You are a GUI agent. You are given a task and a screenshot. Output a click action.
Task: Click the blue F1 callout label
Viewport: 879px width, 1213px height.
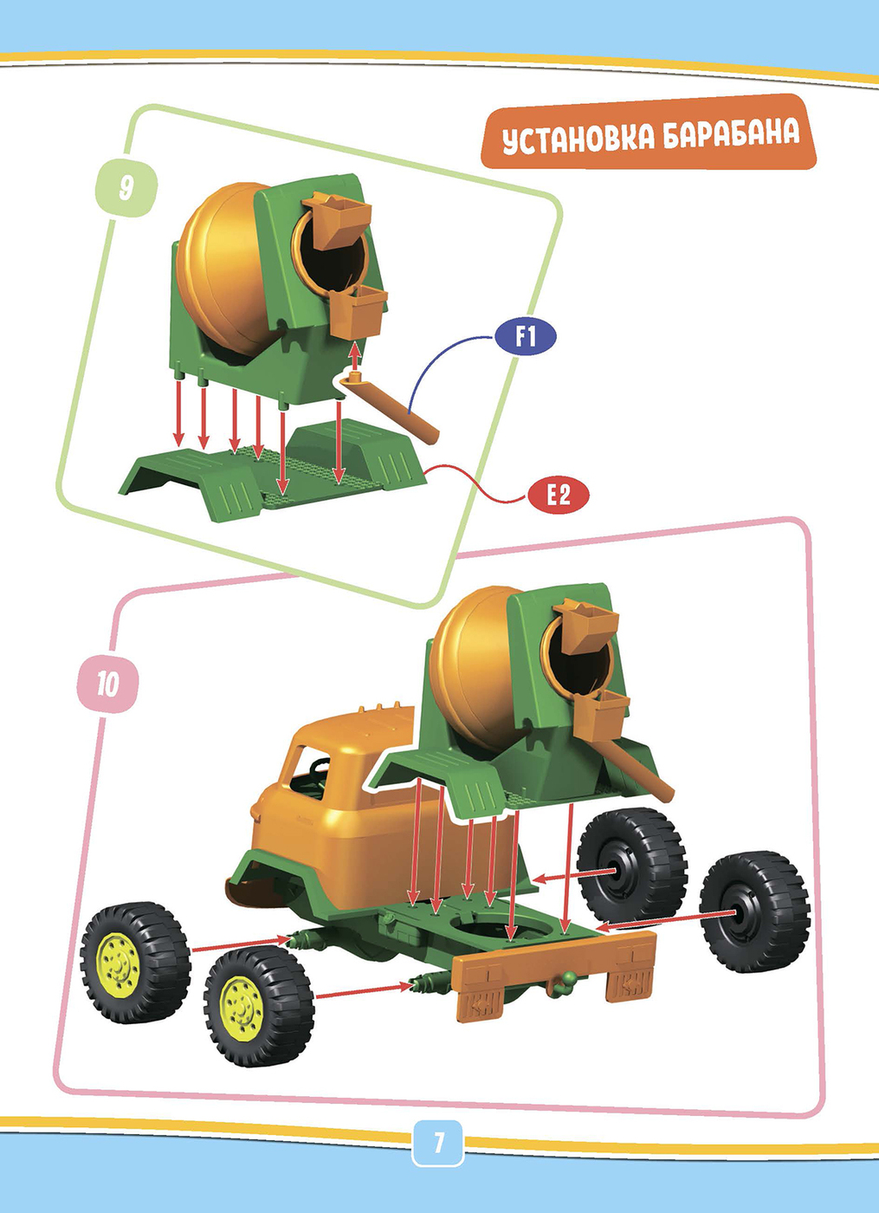click(525, 336)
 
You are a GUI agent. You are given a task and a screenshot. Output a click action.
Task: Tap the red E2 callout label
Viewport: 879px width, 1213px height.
click(558, 495)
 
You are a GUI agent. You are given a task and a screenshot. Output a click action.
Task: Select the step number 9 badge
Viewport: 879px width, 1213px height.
click(126, 187)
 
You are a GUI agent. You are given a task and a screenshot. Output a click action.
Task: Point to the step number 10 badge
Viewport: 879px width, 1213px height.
click(107, 684)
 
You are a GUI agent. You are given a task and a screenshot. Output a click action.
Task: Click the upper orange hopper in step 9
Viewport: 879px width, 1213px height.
click(337, 217)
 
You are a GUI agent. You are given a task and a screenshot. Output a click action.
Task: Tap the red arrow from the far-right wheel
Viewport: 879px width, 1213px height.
click(665, 919)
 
